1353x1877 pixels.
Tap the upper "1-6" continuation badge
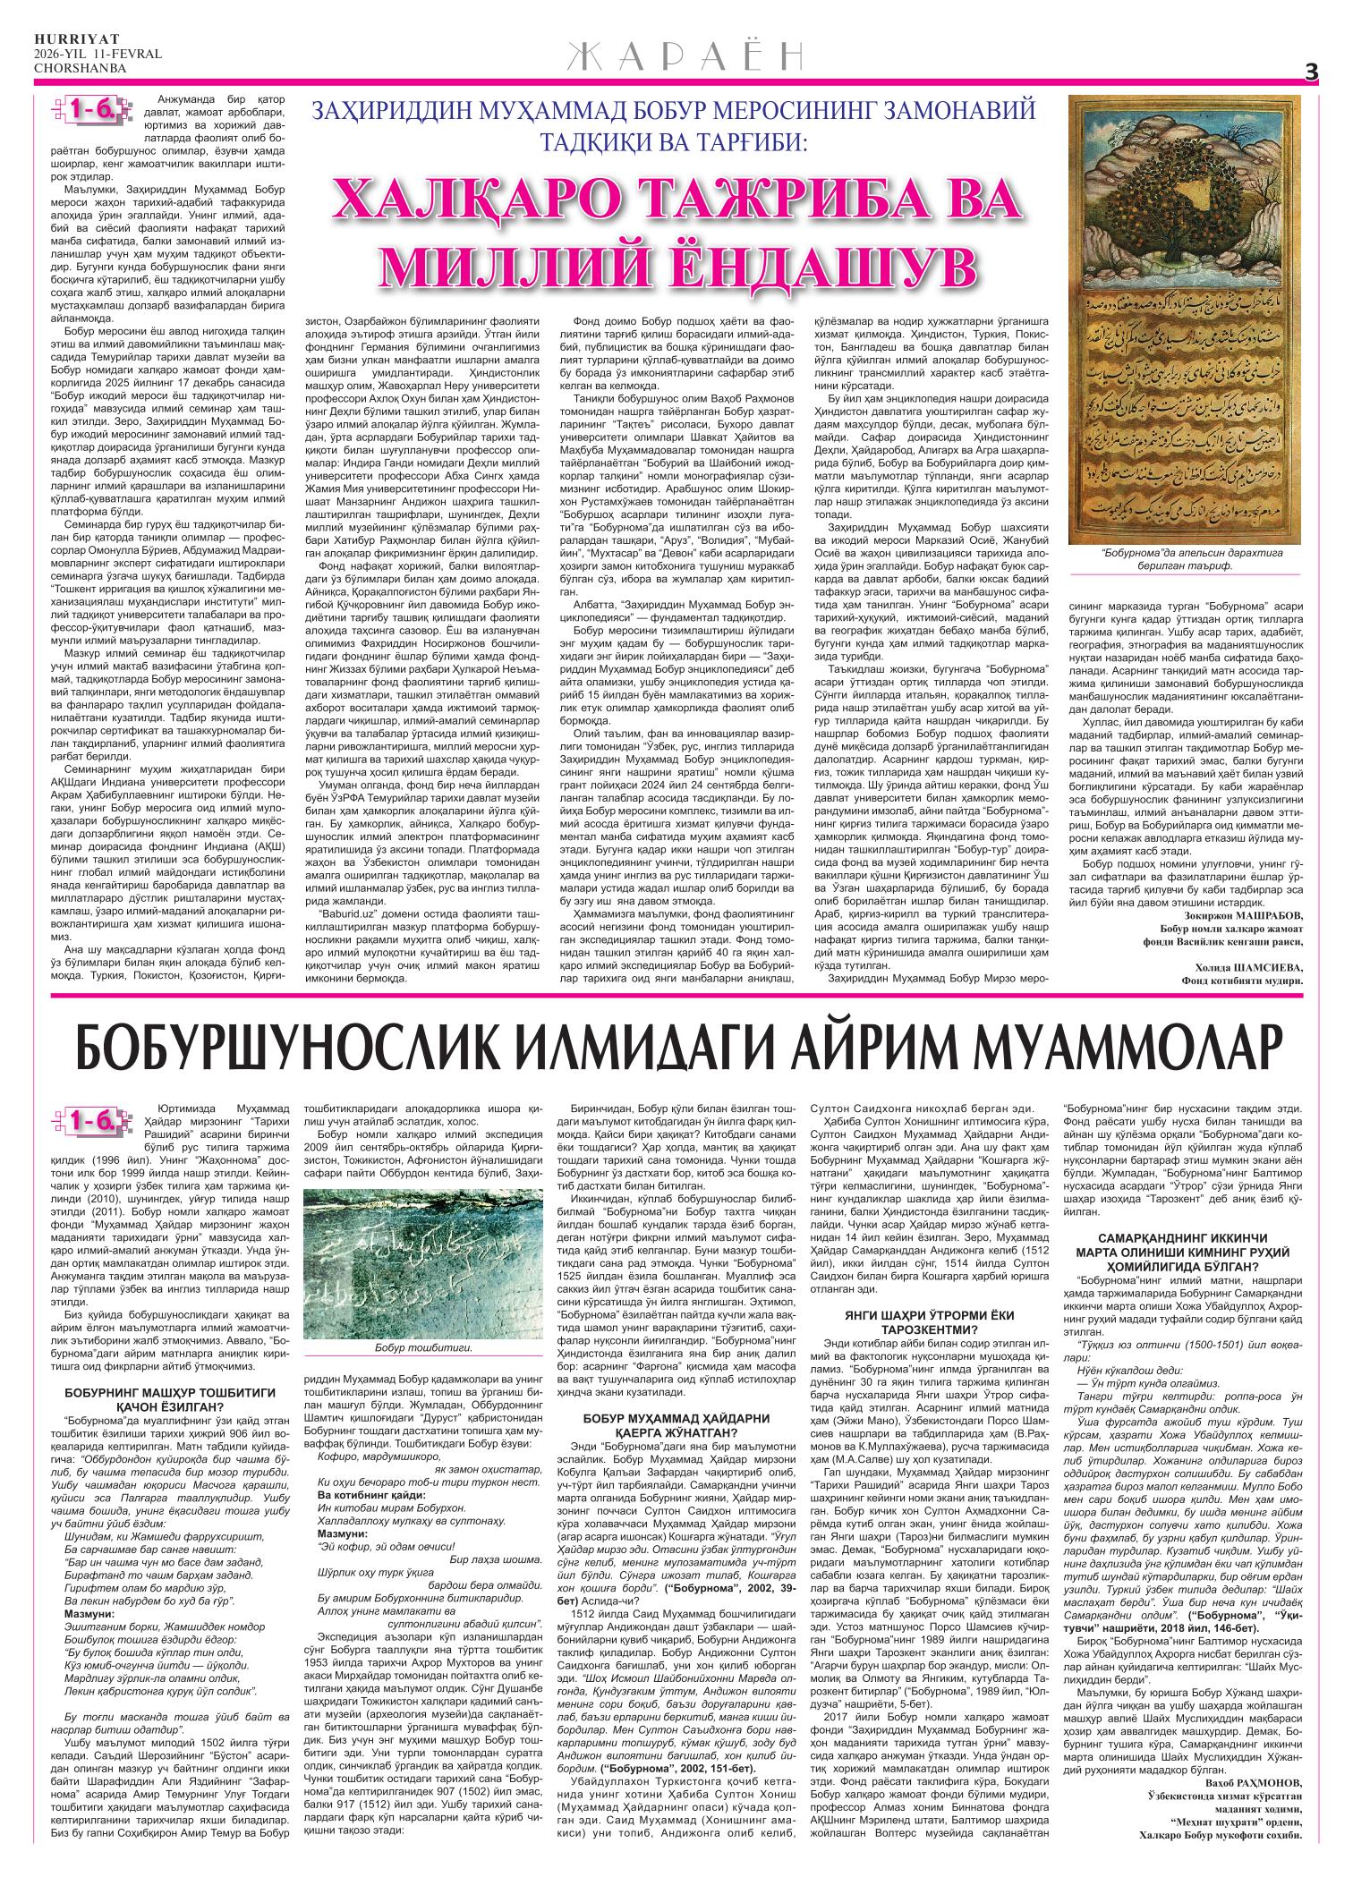click(x=90, y=109)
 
